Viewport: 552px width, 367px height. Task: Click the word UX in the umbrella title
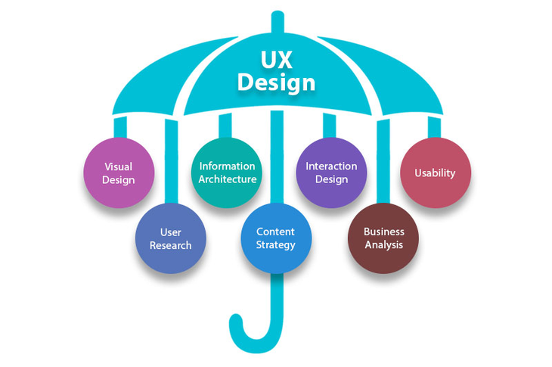(x=275, y=57)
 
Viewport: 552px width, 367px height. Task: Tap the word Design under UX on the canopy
(x=275, y=81)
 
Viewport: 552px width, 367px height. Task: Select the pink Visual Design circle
(x=119, y=173)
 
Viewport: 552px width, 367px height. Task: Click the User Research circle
(x=171, y=238)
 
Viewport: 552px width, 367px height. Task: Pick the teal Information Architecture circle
(x=227, y=173)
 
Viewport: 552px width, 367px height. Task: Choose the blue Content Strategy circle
(x=276, y=238)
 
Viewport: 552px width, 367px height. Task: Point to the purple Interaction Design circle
(x=331, y=173)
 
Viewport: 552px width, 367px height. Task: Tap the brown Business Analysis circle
(x=383, y=238)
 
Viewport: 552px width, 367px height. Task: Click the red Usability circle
(x=436, y=173)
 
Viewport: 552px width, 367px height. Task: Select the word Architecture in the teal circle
(x=227, y=179)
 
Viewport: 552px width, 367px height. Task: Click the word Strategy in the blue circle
(x=276, y=245)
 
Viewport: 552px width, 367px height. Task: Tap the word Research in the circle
(x=171, y=245)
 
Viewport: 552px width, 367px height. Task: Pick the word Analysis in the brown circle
(x=383, y=245)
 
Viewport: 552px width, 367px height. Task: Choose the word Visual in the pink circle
(x=119, y=166)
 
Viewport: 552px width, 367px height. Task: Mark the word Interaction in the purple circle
(x=331, y=166)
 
